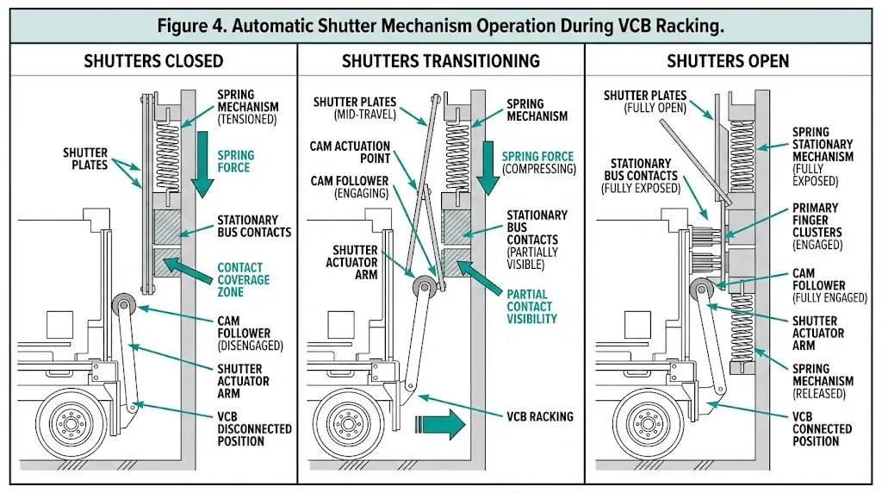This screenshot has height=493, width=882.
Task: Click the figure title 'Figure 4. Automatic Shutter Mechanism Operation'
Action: tap(440, 25)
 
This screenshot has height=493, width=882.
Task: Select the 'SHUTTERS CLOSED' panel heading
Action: tap(153, 61)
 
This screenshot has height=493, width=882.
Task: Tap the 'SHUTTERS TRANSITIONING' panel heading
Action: tap(440, 61)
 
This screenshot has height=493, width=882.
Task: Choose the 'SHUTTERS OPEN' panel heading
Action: tap(728, 61)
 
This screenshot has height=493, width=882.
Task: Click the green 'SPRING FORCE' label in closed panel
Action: tap(236, 162)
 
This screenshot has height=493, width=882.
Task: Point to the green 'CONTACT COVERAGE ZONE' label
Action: tap(243, 279)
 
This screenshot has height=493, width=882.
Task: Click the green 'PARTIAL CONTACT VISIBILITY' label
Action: tap(531, 306)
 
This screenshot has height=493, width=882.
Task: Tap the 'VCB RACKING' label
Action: tap(539, 416)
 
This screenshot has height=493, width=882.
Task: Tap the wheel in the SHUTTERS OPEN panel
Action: tap(642, 424)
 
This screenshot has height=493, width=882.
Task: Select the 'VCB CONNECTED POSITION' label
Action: tap(822, 429)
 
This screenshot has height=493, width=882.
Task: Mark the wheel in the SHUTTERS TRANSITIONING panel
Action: tap(353, 424)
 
